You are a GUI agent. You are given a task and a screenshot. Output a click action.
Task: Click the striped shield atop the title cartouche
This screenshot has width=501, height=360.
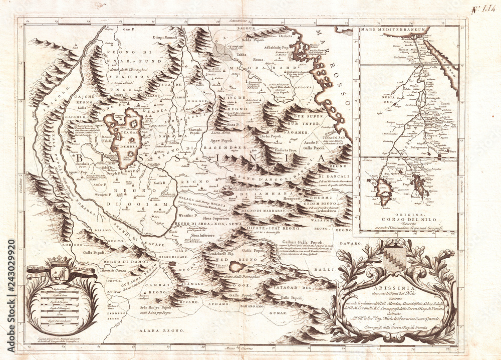394,259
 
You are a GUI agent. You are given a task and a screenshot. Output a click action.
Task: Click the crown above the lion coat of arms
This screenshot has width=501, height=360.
61,260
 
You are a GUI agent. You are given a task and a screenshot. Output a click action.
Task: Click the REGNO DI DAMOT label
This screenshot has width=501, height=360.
121,262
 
